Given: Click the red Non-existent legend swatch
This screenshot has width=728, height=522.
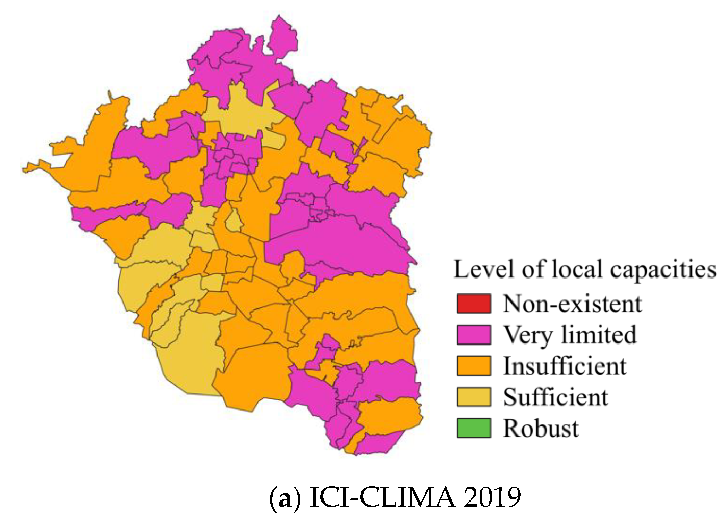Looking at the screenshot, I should coord(474,304).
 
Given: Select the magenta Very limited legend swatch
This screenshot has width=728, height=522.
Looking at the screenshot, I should coord(474,335).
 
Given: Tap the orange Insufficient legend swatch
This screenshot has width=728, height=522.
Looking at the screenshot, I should coord(474,366).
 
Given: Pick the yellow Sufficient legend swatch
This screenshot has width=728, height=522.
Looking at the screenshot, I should coord(474,397).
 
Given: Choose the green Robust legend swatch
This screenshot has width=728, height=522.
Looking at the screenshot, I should coord(474,428).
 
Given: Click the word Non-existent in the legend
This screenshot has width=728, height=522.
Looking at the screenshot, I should coord(572,304).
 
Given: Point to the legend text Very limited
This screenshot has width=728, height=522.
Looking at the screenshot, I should coord(569,335).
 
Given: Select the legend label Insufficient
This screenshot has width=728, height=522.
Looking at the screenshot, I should coord(565,366).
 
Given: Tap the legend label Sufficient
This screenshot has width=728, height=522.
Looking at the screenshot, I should coord(555,397).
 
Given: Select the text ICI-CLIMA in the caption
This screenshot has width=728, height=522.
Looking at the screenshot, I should coord(382,497).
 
